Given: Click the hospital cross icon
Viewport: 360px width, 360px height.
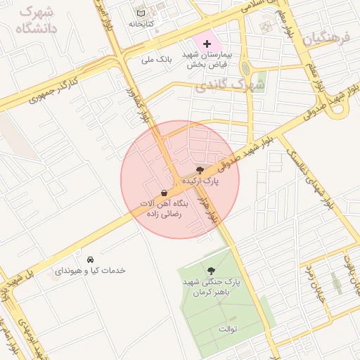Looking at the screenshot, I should point(206,44).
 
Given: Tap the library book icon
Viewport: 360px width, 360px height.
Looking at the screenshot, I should point(141,13).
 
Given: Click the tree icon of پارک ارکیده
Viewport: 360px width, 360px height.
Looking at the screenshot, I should point(201,170).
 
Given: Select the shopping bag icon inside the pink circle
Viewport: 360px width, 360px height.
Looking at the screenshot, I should point(164,193).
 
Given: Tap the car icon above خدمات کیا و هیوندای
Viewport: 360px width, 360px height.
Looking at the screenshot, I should point(91,259).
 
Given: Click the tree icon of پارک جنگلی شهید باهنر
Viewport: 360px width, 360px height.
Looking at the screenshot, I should point(211,271).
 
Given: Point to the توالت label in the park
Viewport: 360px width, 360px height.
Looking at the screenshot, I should point(229,329).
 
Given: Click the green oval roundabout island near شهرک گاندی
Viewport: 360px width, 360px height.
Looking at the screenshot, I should point(245,68).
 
